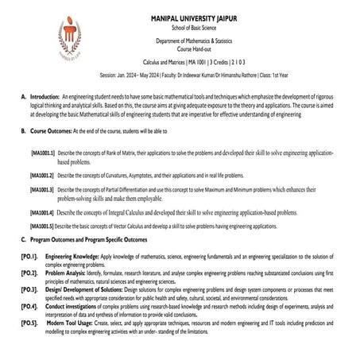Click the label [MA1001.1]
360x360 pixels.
(43, 152)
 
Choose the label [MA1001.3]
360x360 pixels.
(43, 191)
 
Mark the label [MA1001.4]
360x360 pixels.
(43, 214)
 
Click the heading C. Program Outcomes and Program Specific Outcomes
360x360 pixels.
(87, 239)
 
